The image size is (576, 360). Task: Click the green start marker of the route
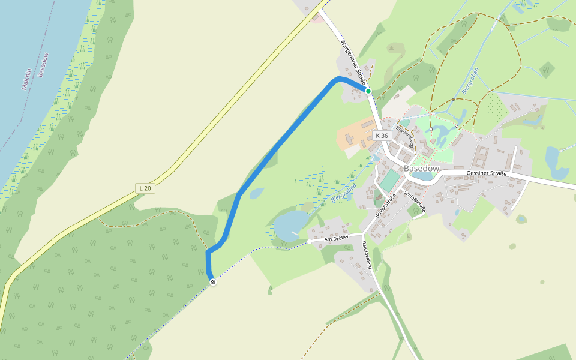(x=368, y=91)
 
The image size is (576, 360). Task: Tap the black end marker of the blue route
(x=212, y=282)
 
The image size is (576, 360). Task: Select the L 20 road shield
(x=144, y=188)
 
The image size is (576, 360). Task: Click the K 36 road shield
(x=382, y=136)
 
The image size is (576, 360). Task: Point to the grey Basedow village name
(x=421, y=169)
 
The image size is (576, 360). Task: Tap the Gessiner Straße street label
(x=487, y=173)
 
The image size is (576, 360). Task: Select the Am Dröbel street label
(x=336, y=239)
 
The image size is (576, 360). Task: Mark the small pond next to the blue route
(x=256, y=193)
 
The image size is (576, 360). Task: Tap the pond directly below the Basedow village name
(x=425, y=177)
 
